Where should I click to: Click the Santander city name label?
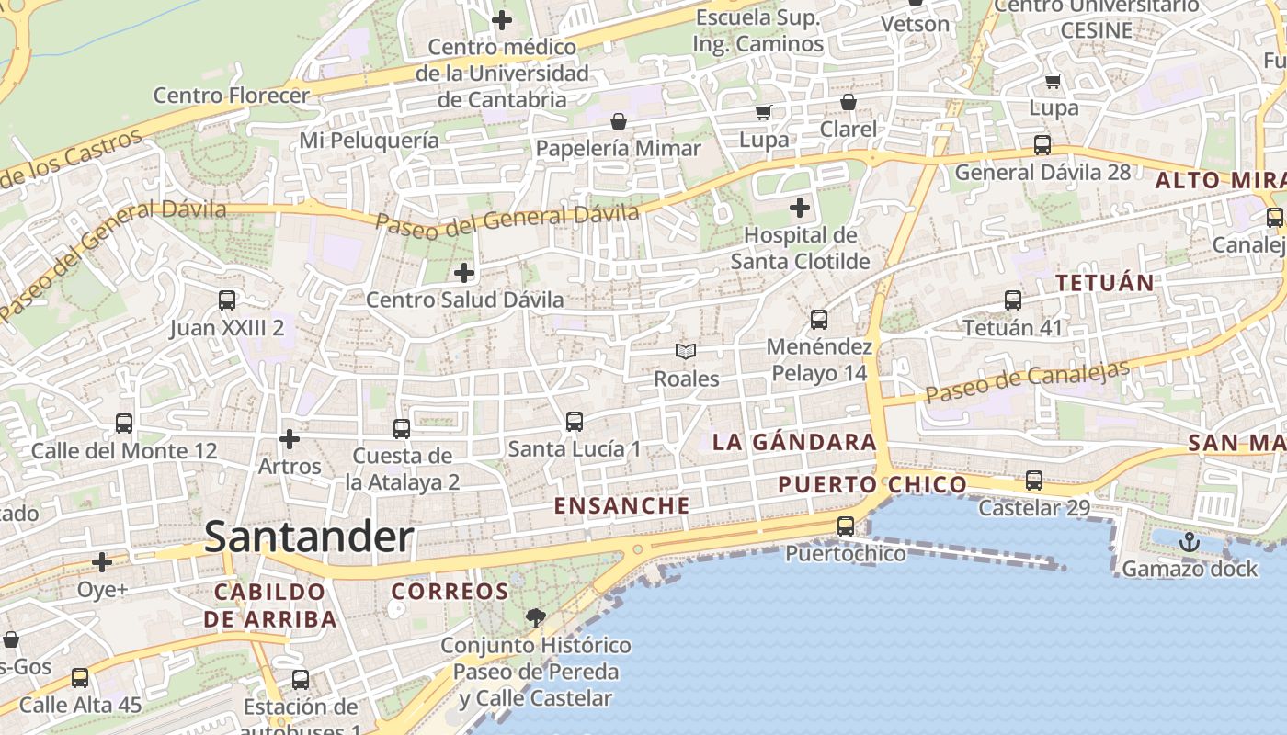309,537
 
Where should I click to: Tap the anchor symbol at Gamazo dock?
1190,542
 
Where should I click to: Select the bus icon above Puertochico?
845,526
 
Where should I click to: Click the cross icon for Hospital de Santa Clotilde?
800,207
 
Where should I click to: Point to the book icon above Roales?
686,351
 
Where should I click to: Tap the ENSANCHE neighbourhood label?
621,505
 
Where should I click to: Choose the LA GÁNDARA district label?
794,442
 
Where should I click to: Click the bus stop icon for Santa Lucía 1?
575,422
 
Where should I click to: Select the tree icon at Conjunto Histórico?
534,618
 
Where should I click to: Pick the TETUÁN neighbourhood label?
1105,283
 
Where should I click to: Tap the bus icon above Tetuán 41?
1012,300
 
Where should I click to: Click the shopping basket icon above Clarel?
848,102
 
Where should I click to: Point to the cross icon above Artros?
290,439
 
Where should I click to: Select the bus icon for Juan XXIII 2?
227,300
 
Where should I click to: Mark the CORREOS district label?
450,592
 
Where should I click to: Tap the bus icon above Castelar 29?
1034,480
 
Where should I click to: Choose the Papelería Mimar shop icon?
619,121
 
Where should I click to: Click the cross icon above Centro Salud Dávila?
464,272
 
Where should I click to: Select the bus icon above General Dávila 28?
1042,144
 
